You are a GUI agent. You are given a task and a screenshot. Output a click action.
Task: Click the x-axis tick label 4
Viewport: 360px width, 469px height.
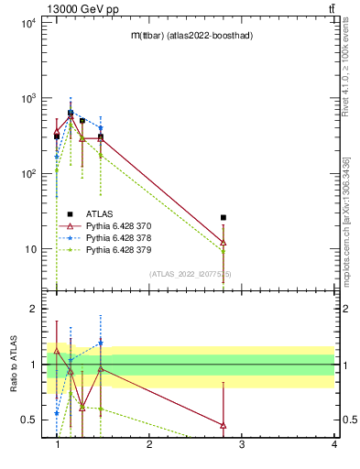[334, 445]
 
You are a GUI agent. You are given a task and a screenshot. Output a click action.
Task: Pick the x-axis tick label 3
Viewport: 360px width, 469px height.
[242, 445]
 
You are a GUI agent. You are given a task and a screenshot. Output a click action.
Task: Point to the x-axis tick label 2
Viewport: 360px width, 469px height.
[149, 445]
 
